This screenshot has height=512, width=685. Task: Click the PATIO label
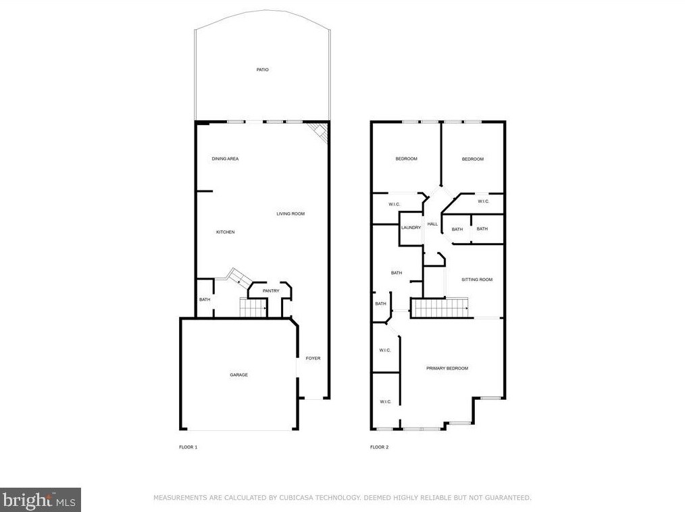[263, 70]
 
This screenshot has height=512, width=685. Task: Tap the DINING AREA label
[225, 159]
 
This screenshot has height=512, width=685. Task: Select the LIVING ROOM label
[290, 214]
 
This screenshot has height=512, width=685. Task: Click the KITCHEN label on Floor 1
[226, 232]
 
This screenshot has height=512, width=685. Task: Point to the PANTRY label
[271, 291]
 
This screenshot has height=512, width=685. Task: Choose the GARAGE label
[239, 375]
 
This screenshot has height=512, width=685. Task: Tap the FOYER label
[313, 358]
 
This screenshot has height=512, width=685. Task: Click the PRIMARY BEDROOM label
[447, 368]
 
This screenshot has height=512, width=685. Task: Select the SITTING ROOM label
[477, 280]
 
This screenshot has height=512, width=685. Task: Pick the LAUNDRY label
[411, 228]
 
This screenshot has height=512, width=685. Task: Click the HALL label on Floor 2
[432, 224]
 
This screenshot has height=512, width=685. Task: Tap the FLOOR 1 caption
[188, 447]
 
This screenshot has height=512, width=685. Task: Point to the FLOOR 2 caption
[379, 447]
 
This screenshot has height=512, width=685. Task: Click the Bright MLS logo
[40, 500]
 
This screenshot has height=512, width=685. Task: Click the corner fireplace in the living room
[318, 132]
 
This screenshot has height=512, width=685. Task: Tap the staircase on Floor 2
[440, 308]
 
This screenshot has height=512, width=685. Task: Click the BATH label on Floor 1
[205, 300]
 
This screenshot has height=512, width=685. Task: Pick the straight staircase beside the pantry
[253, 307]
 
